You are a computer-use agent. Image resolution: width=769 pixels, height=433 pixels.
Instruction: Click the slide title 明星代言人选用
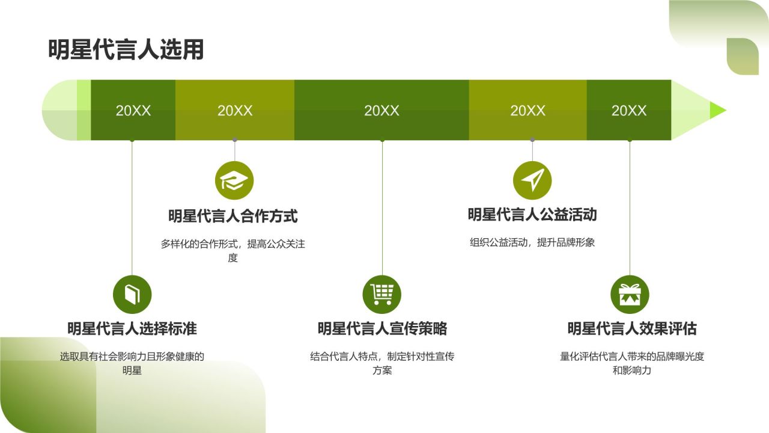(126, 50)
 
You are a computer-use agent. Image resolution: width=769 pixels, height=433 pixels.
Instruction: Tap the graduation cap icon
(234, 180)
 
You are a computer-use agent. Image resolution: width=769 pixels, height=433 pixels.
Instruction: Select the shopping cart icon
(381, 294)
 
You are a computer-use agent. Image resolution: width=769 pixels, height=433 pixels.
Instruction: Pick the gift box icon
(630, 294)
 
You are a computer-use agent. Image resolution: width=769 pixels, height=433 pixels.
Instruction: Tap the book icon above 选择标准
(132, 294)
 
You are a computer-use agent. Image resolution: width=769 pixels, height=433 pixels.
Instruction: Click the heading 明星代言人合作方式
(233, 216)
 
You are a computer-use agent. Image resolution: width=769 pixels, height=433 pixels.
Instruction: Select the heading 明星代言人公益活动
(532, 215)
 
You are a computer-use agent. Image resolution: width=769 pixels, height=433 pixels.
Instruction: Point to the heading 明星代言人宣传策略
(382, 328)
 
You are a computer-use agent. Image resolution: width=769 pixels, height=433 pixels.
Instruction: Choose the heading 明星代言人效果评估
(632, 328)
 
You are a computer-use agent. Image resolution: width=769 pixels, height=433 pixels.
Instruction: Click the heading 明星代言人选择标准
(132, 328)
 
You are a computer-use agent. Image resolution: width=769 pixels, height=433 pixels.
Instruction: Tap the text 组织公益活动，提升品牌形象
(532, 243)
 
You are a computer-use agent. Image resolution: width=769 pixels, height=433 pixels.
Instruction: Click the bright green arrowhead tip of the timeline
(717, 110)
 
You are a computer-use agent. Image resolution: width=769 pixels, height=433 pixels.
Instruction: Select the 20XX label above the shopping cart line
(381, 111)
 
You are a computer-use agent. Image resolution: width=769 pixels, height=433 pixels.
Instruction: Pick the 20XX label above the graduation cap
(235, 111)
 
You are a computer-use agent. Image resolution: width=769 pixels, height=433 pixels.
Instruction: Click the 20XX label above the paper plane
(527, 111)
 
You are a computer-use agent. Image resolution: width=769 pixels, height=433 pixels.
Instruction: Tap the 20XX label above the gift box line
(629, 111)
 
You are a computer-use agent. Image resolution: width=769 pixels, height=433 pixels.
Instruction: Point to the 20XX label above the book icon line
(133, 111)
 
